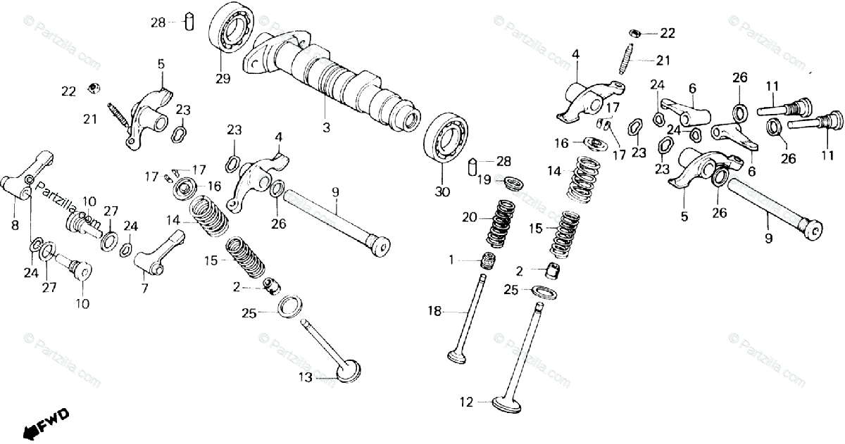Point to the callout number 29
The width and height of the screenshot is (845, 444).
[223, 79]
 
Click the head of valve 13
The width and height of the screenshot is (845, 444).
[348, 370]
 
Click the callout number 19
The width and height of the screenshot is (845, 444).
[482, 181]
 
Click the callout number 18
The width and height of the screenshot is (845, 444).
[433, 310]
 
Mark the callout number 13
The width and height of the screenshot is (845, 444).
[304, 378]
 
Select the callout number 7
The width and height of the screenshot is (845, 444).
[144, 288]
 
